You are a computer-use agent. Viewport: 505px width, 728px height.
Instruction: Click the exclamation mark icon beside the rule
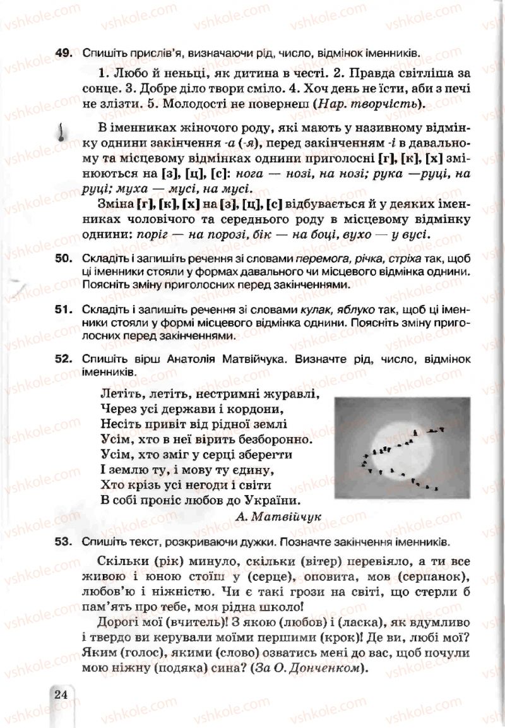(x=61, y=132)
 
